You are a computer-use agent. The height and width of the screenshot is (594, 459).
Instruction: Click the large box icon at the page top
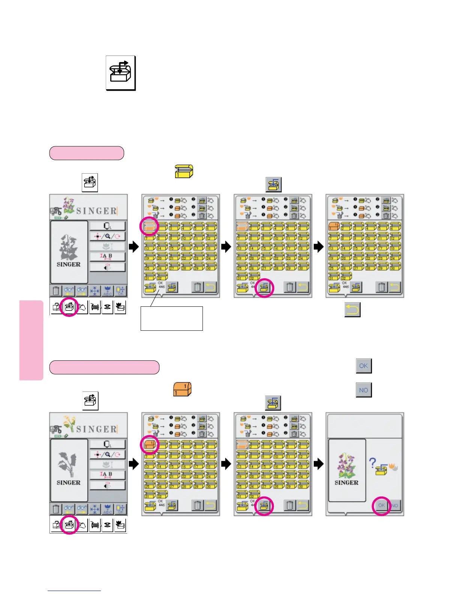(x=120, y=73)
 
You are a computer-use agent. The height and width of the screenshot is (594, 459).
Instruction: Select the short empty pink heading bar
(x=87, y=153)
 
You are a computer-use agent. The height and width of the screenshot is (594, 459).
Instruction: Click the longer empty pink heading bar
(x=104, y=367)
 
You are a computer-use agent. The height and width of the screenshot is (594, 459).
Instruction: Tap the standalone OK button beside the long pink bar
(x=363, y=366)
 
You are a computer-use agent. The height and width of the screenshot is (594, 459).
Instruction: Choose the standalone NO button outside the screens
(x=363, y=390)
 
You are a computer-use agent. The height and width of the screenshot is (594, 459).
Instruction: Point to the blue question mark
(x=372, y=463)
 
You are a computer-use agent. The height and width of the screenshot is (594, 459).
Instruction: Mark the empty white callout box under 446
(x=171, y=318)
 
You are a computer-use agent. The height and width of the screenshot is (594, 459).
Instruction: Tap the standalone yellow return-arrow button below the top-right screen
(x=352, y=310)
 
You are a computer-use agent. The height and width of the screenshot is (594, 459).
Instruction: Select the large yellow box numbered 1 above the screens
(x=184, y=171)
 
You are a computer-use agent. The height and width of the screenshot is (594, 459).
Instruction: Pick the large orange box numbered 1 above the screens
(x=182, y=389)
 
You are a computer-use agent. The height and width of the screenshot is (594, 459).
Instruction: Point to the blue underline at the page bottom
(x=74, y=591)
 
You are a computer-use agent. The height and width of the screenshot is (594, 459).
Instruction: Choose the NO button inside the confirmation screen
(x=394, y=505)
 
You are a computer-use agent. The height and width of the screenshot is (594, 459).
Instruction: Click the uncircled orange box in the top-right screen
(x=334, y=226)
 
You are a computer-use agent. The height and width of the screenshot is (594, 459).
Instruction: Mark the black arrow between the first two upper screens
(x=133, y=247)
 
